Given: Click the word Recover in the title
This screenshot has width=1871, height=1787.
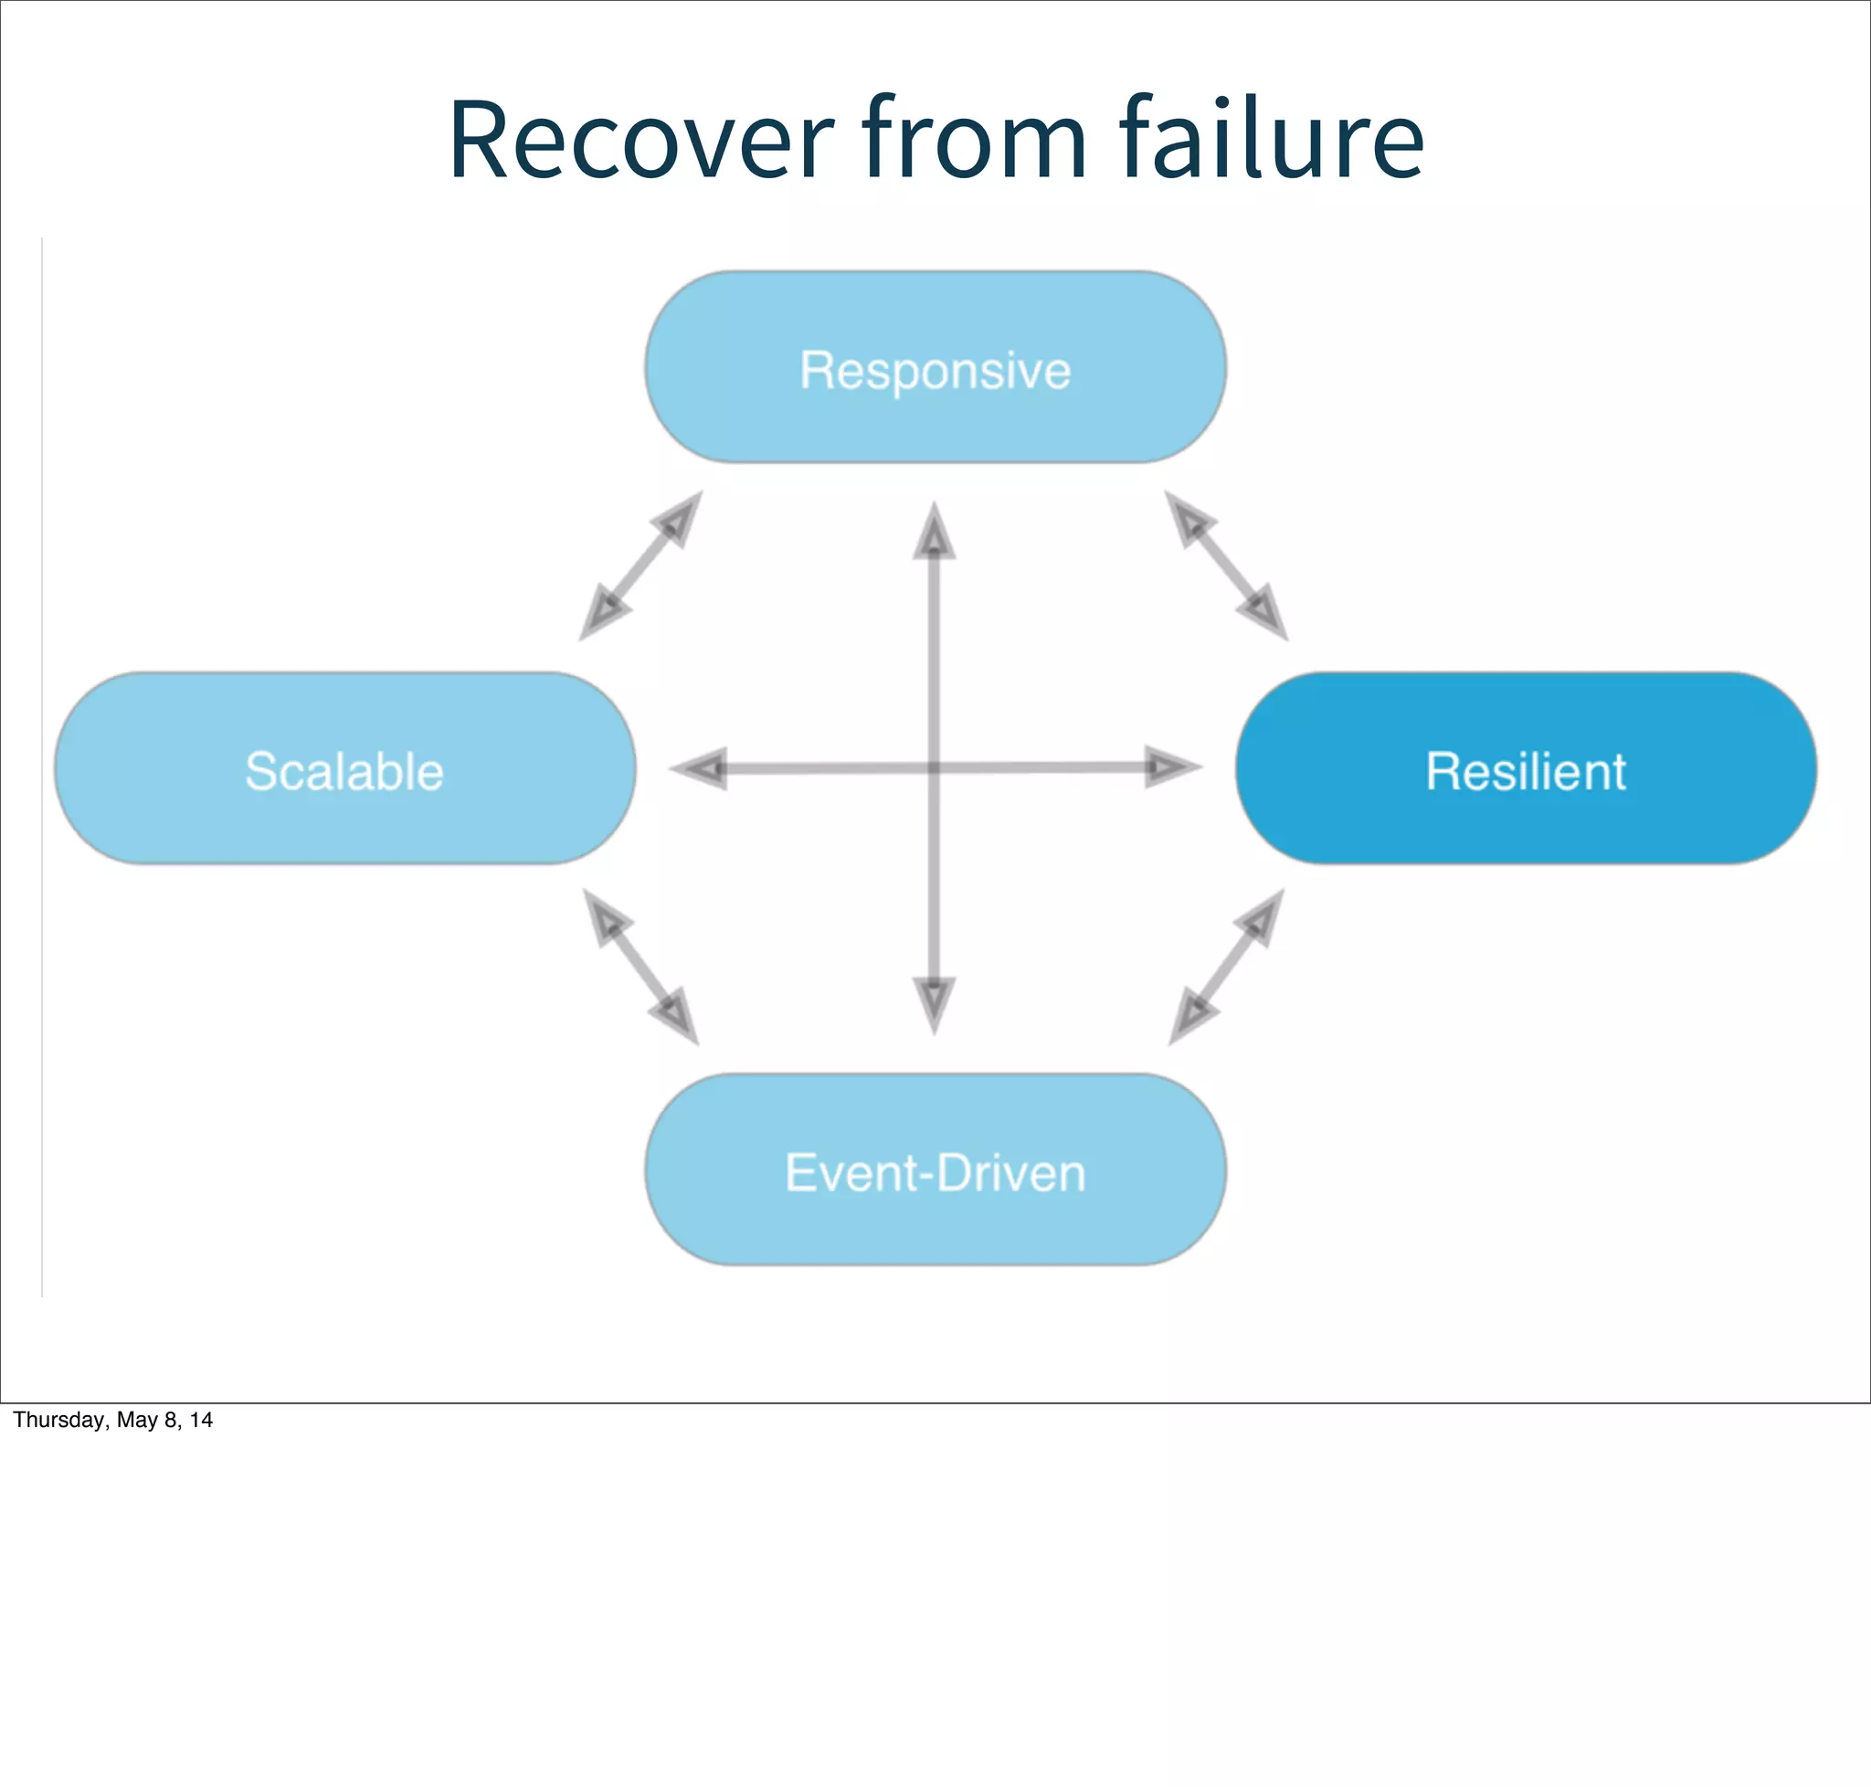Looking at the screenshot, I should click(x=640, y=141).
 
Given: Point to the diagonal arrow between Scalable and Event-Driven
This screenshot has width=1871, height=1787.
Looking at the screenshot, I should click(x=640, y=967).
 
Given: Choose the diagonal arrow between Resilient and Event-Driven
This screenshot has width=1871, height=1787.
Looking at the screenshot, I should click(x=1226, y=967).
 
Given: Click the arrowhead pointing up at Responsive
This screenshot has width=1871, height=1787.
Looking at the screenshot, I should click(x=934, y=534).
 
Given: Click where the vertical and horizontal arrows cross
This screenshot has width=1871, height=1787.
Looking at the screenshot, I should click(x=934, y=767).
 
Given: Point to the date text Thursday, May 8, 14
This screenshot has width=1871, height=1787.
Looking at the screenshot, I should click(x=112, y=1421).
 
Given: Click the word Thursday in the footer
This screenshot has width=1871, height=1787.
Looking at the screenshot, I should click(x=58, y=1421).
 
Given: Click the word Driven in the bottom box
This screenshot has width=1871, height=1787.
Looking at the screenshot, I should click(x=1010, y=1172).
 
